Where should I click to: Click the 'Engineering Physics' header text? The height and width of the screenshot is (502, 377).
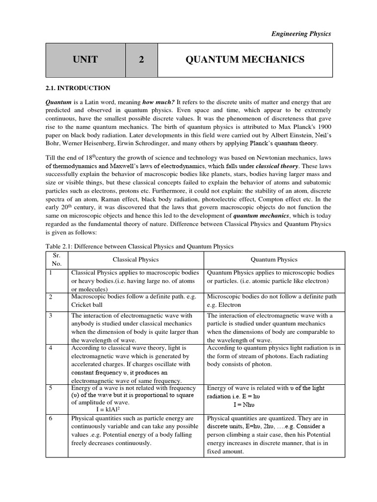pyautogui.click(x=301, y=34)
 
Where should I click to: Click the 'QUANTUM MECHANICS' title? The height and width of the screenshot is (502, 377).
pyautogui.click(x=245, y=60)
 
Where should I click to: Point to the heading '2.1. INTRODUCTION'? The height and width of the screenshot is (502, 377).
pyautogui.click(x=78, y=88)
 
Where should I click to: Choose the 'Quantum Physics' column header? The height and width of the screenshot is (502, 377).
pyautogui.click(x=274, y=259)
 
